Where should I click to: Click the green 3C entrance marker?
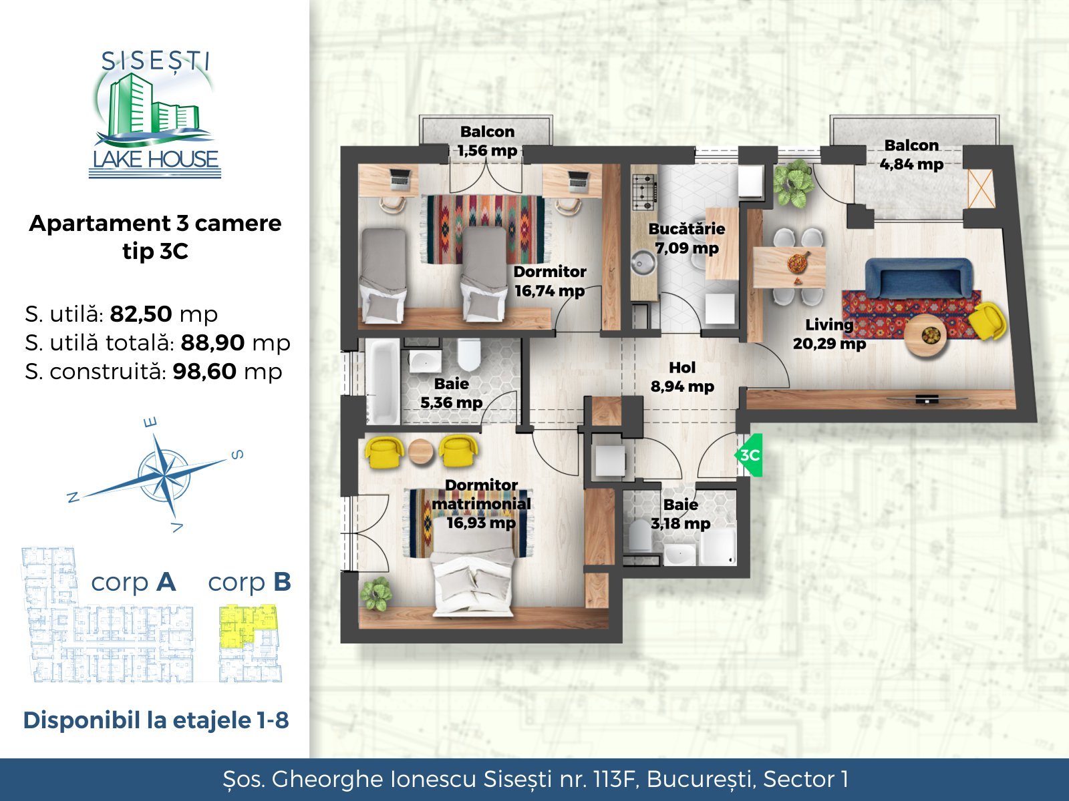pyautogui.click(x=749, y=455)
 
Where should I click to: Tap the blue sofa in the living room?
pyautogui.click(x=918, y=278)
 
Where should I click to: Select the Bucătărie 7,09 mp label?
pyautogui.click(x=687, y=238)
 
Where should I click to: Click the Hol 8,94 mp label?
pyautogui.click(x=682, y=377)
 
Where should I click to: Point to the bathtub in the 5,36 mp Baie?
pyautogui.click(x=383, y=382)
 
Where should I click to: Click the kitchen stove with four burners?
pyautogui.click(x=645, y=193)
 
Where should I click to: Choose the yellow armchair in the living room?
pyautogui.click(x=987, y=322)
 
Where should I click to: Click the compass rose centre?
pyautogui.click(x=163, y=473)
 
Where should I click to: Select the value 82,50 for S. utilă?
pyautogui.click(x=141, y=314)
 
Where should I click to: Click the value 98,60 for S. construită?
pyautogui.click(x=204, y=372)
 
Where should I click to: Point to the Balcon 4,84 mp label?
pyautogui.click(x=911, y=155)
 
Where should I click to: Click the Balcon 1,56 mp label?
pyautogui.click(x=488, y=141)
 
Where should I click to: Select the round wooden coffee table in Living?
pyautogui.click(x=926, y=336)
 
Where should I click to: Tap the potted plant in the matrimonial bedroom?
pyautogui.click(x=375, y=593)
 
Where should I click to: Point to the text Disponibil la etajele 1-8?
pyautogui.click(x=156, y=720)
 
